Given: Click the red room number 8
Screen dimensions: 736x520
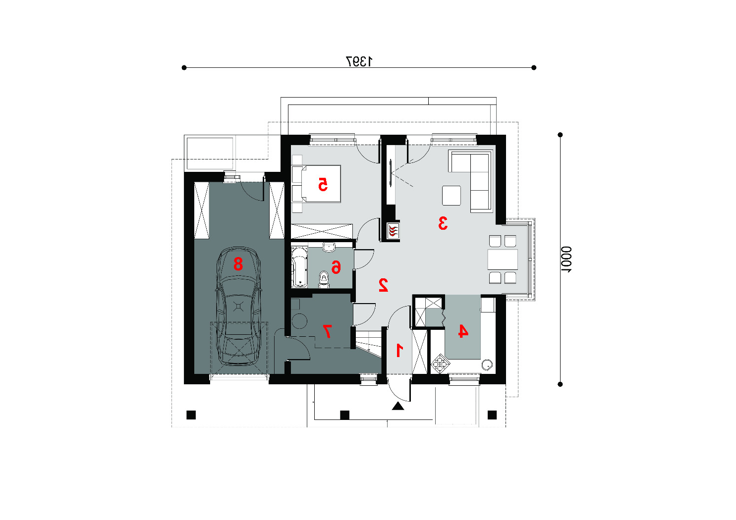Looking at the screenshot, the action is [x=238, y=263].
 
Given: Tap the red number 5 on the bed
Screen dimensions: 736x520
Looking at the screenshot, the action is [x=323, y=184].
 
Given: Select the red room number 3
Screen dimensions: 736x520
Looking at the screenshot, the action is [x=443, y=223].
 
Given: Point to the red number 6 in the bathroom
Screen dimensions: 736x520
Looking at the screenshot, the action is [x=336, y=267].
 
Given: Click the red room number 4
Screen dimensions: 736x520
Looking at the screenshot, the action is [x=463, y=331].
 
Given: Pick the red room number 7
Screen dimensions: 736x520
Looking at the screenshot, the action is [x=327, y=331].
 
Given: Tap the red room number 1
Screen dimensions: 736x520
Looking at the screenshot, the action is [x=399, y=350].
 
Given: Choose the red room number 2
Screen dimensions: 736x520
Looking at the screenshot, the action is [x=383, y=285].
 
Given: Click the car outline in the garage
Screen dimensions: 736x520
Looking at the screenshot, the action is [x=238, y=306].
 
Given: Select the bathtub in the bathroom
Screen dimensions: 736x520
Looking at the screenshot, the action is [x=299, y=267].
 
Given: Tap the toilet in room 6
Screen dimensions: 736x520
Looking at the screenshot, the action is [x=324, y=280].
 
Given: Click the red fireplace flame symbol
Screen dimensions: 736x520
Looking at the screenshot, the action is [x=393, y=231].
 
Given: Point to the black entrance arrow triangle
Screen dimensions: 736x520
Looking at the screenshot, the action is [x=398, y=406].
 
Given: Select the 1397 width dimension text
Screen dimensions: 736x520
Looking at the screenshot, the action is [x=359, y=61].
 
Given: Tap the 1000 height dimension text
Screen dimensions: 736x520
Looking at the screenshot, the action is [x=566, y=260].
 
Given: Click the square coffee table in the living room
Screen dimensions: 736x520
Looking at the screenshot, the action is [x=451, y=196].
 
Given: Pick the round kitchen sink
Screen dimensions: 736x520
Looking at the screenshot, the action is [x=487, y=364].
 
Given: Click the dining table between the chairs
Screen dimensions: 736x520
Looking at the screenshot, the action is [x=503, y=260].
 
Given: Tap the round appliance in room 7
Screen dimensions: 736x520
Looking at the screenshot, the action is [x=299, y=321].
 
